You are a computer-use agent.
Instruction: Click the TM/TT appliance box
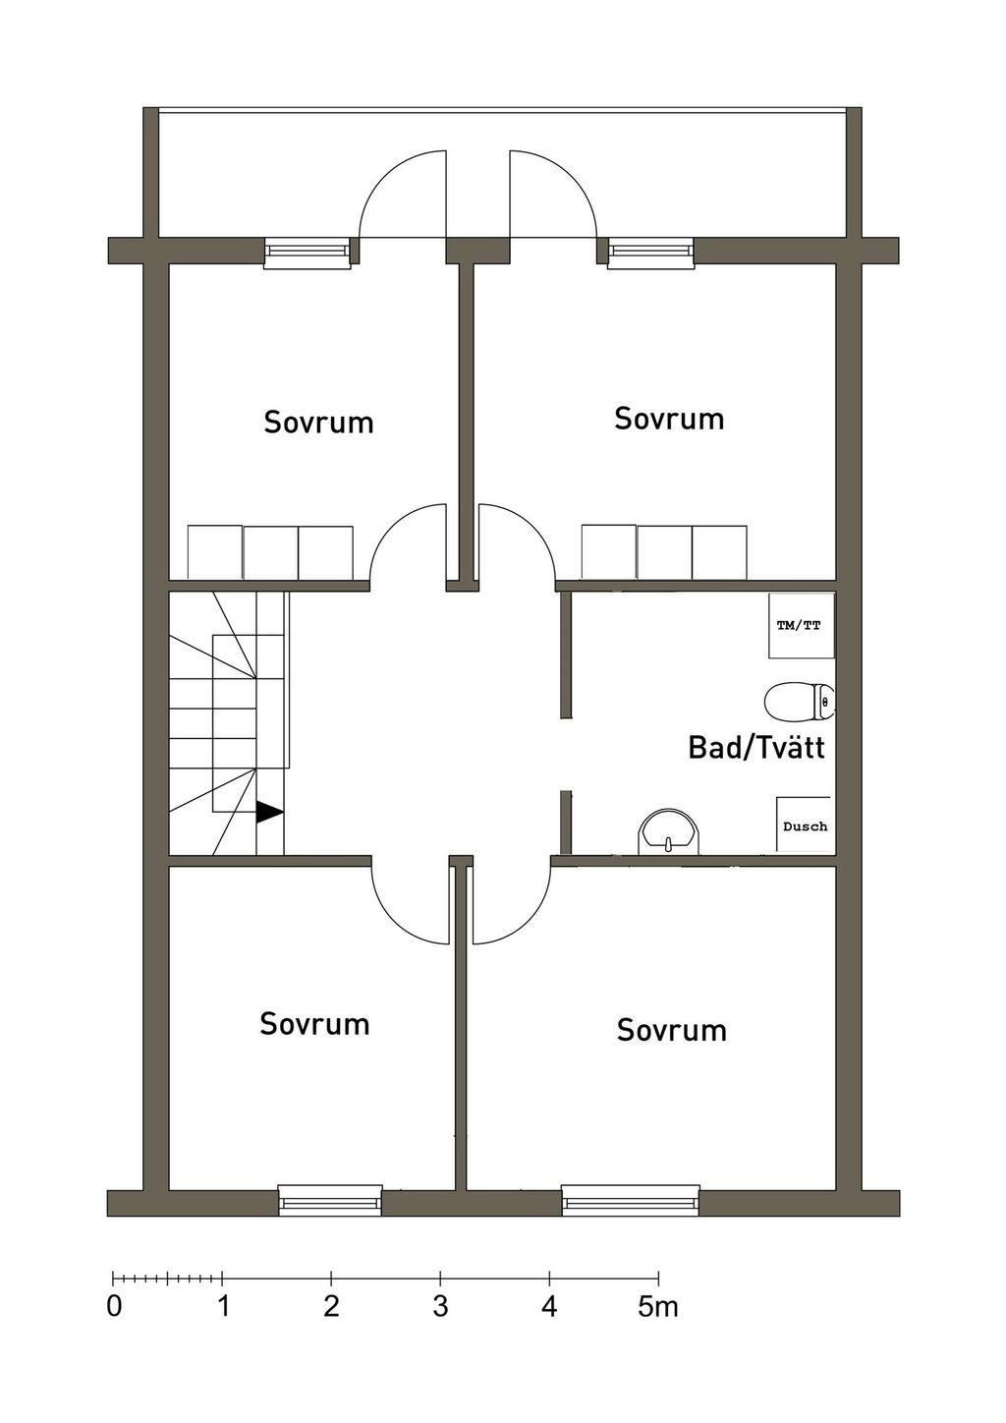801,625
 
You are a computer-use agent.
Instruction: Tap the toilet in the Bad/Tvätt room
799,701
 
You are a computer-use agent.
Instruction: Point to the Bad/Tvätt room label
755,747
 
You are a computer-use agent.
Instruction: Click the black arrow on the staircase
268,812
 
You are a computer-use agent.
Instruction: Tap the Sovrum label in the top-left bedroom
318,423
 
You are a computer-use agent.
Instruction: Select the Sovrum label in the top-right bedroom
669,419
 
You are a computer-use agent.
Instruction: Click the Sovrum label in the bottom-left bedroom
314,1024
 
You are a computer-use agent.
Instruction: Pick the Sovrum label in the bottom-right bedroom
671,1030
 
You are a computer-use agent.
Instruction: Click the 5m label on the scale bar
657,1307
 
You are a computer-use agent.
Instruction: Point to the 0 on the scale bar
114,1307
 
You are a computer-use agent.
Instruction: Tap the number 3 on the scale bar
440,1307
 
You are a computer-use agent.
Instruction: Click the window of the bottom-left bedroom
329,1201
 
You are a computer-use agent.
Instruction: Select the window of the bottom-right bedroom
630,1201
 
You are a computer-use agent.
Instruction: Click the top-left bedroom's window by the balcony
307,253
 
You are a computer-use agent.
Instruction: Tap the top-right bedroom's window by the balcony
650,253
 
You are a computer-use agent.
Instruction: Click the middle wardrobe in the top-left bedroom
270,552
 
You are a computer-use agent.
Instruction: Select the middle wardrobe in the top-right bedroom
664,552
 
